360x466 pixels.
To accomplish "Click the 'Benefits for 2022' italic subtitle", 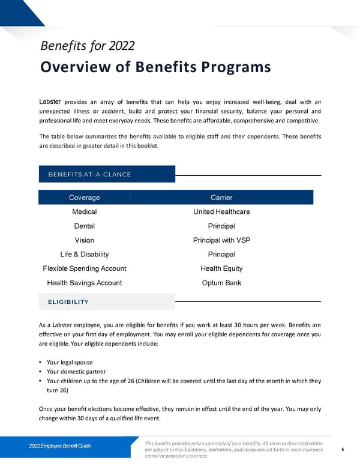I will pos(87,46).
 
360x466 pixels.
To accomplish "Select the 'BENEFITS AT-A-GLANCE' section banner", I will pos(89,174).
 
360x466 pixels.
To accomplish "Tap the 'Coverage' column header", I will pos(85,198).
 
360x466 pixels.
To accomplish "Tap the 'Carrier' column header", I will pos(221,198).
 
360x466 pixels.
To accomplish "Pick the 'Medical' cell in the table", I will pos(85,212).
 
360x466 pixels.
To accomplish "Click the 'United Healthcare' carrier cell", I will pos(221,212).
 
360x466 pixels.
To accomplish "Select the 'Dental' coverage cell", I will pos(85,226).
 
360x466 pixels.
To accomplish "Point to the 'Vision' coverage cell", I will pos(85,240).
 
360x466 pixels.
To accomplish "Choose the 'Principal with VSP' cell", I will pos(221,240).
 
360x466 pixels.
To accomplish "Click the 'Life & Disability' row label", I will pos(85,255).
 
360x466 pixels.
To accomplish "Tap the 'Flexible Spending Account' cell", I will pos(85,268).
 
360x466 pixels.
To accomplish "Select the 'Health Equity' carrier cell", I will pos(221,268).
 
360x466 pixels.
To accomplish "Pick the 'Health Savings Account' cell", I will pos(85,283).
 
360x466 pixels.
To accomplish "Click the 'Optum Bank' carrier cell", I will pos(221,283).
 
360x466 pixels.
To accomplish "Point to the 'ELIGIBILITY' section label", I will pos(68,301).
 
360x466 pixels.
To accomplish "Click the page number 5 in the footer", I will pos(342,449).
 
